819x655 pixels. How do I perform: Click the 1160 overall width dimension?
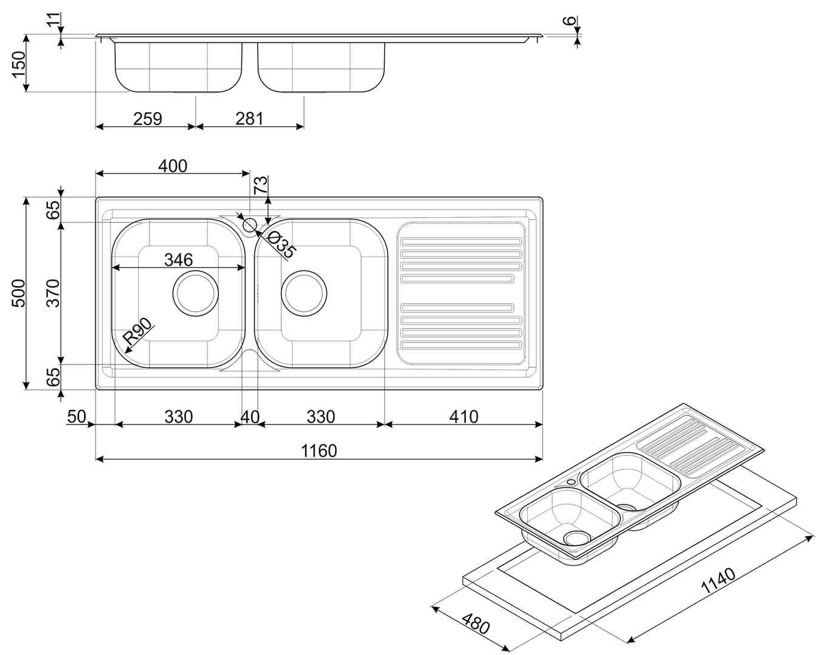click(318, 451)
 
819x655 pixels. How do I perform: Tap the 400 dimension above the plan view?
click(174, 165)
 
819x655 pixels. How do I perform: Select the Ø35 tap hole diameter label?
click(280, 244)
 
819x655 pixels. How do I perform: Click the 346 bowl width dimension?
click(178, 260)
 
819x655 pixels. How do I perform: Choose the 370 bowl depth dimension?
click(53, 293)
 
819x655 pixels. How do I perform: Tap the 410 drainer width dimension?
click(464, 417)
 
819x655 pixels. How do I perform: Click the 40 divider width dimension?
click(249, 417)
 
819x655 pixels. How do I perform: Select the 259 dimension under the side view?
click(147, 118)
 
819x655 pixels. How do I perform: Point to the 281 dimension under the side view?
click(249, 118)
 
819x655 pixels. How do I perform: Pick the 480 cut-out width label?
click(476, 623)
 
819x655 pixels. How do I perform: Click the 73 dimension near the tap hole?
click(260, 185)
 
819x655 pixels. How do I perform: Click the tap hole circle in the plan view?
click(250, 226)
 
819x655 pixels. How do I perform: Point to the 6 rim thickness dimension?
click(568, 21)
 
